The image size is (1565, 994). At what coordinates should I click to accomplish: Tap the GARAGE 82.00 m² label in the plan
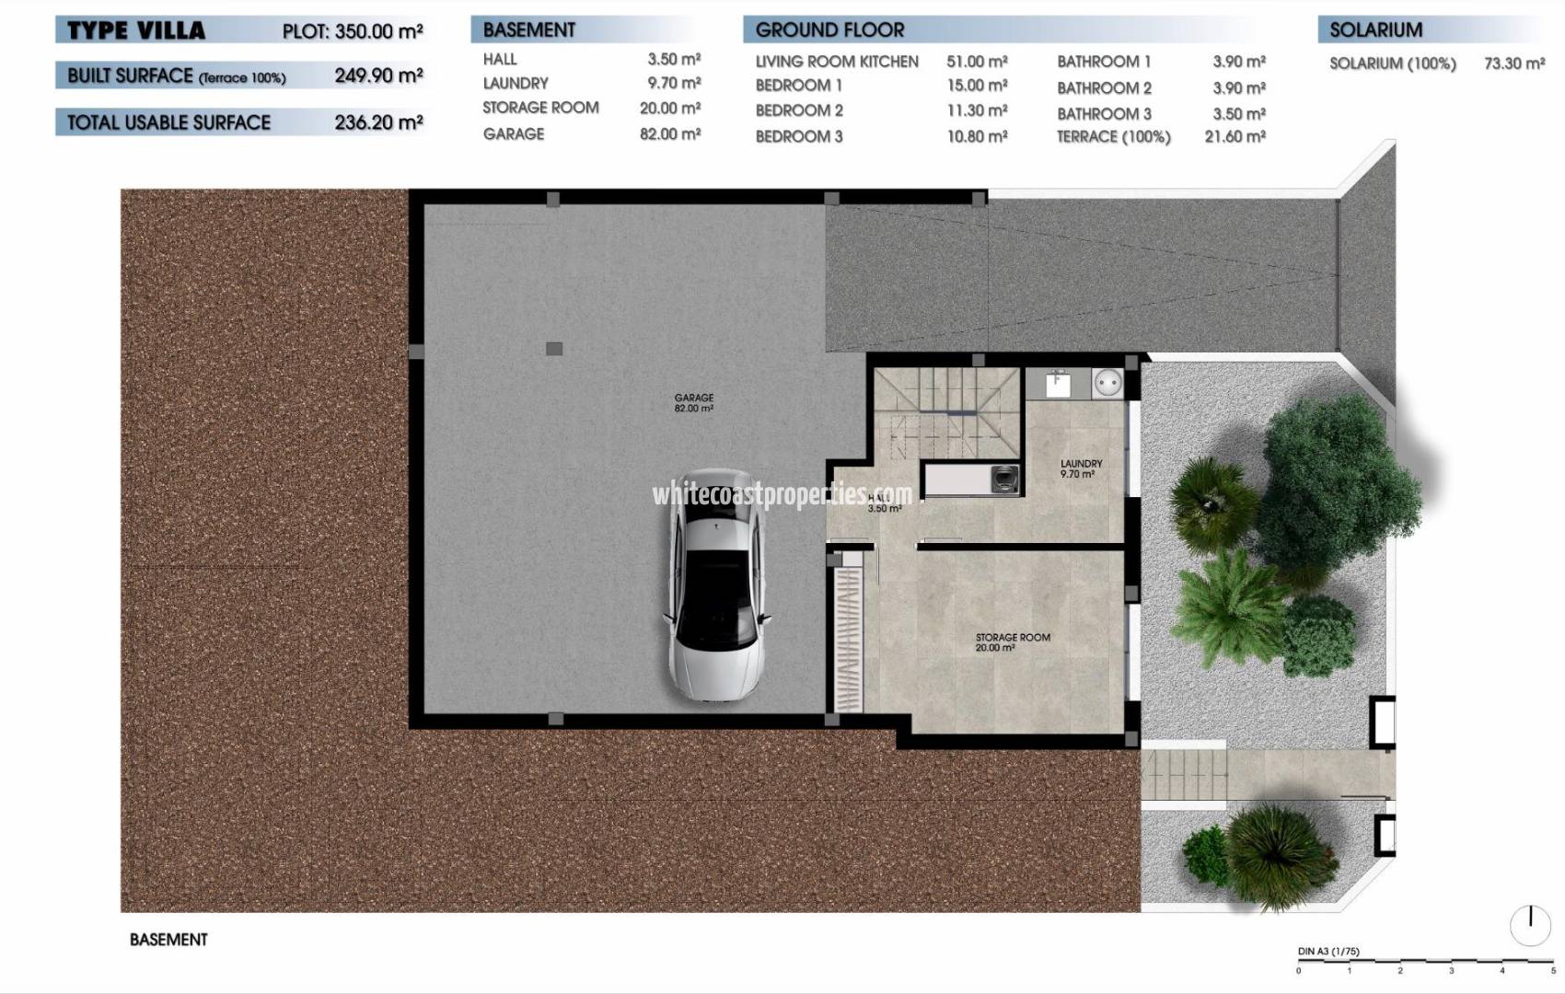point(693,403)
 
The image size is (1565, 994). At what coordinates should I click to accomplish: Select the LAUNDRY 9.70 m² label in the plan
point(1080,469)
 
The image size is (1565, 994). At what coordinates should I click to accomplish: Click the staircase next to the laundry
point(948,411)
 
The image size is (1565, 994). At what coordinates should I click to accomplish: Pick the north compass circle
point(1530,924)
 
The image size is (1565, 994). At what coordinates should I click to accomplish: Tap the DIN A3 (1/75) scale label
point(1327,952)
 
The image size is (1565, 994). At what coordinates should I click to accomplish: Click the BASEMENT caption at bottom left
point(168,940)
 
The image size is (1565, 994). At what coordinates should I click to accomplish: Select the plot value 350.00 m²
point(378,31)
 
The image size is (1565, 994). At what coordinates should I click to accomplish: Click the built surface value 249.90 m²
point(378,75)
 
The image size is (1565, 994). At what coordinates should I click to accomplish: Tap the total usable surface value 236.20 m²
point(378,122)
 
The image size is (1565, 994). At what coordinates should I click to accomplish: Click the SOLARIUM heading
point(1375,30)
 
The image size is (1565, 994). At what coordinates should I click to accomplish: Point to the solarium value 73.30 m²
point(1513,64)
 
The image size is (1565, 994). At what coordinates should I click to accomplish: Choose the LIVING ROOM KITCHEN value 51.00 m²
point(977,62)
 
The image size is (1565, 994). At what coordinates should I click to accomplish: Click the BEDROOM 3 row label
point(799,136)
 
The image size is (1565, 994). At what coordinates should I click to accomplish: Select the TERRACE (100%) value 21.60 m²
point(1235,136)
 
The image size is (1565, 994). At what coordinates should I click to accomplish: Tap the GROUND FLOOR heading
point(829,30)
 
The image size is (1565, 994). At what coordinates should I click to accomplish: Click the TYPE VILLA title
point(136,30)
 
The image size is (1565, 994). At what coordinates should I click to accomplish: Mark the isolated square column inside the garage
point(554,349)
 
